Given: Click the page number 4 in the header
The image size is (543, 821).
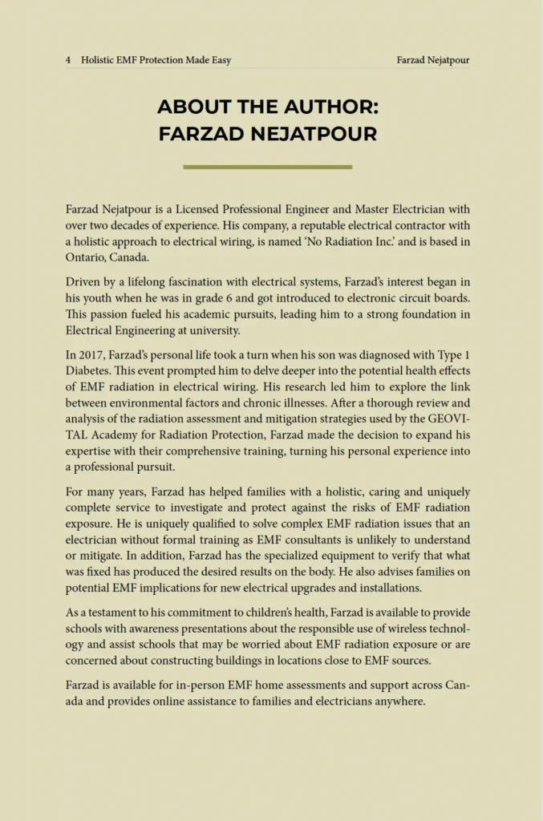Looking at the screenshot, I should click(x=68, y=60).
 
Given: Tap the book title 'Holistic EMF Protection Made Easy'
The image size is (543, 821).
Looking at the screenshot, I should click(x=156, y=60).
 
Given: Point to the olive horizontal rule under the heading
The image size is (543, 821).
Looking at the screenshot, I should click(x=267, y=167).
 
